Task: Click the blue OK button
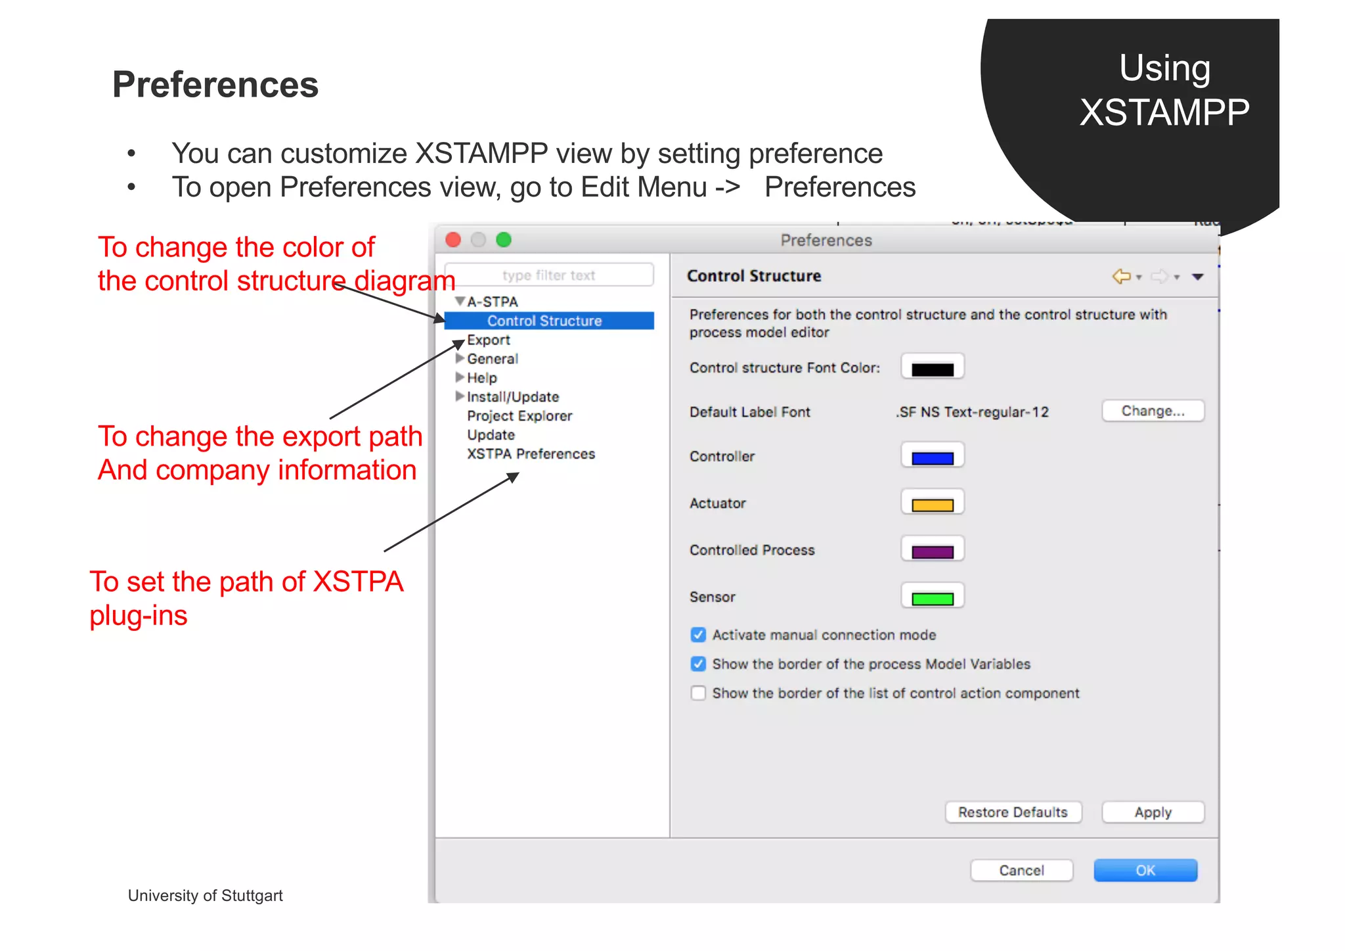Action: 1145,870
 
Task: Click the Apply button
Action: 1153,812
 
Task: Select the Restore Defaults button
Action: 1013,812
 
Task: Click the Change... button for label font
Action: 1153,411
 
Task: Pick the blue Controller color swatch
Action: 932,457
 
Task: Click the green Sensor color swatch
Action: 932,598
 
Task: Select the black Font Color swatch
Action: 932,369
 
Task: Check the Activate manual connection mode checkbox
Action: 698,635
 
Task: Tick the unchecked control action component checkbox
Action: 698,693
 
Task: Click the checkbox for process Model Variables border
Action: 698,664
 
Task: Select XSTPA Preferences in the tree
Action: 531,454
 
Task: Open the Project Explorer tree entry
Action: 519,416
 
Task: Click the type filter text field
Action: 549,275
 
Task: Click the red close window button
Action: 453,240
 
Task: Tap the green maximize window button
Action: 504,240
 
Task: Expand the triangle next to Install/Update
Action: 460,396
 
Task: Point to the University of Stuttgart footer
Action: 205,896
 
